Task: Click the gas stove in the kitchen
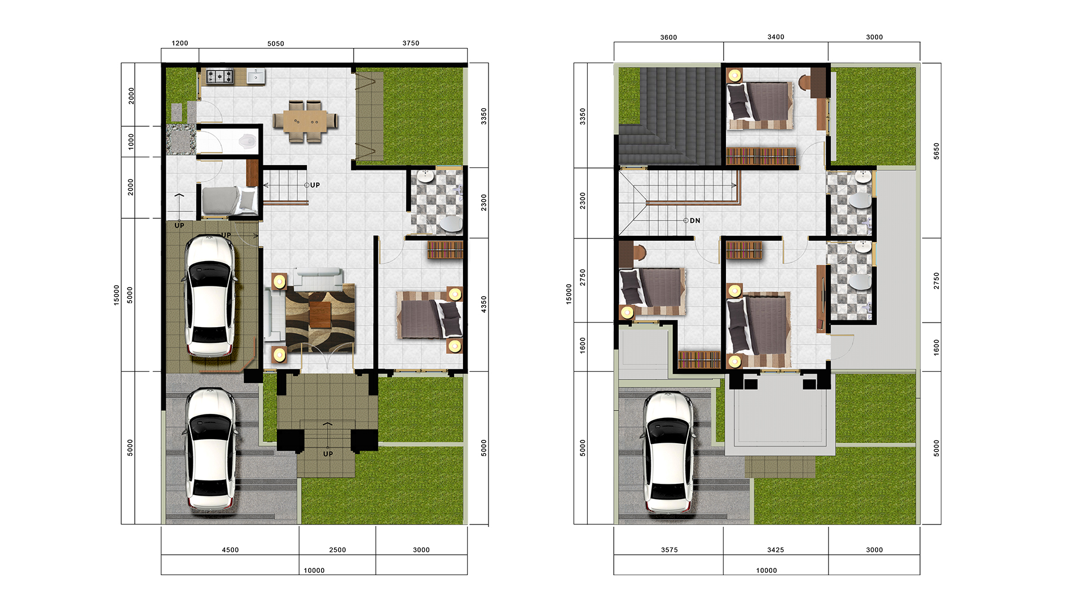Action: point(219,76)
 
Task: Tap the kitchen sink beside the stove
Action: point(256,76)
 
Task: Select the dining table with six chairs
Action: point(305,121)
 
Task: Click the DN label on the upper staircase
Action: point(695,220)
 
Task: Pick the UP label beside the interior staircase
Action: point(315,185)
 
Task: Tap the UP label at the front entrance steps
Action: point(328,454)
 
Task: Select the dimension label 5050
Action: point(276,43)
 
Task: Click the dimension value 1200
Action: point(180,43)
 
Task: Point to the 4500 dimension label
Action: point(230,550)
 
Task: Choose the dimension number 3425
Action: point(776,550)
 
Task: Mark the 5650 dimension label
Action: point(936,151)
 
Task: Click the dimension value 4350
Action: point(483,304)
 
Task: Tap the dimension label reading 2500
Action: point(337,550)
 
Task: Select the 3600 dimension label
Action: point(668,37)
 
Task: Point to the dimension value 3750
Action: point(411,43)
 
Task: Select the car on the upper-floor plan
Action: point(668,453)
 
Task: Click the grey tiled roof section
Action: point(670,116)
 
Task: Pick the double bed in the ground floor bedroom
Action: point(430,315)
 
